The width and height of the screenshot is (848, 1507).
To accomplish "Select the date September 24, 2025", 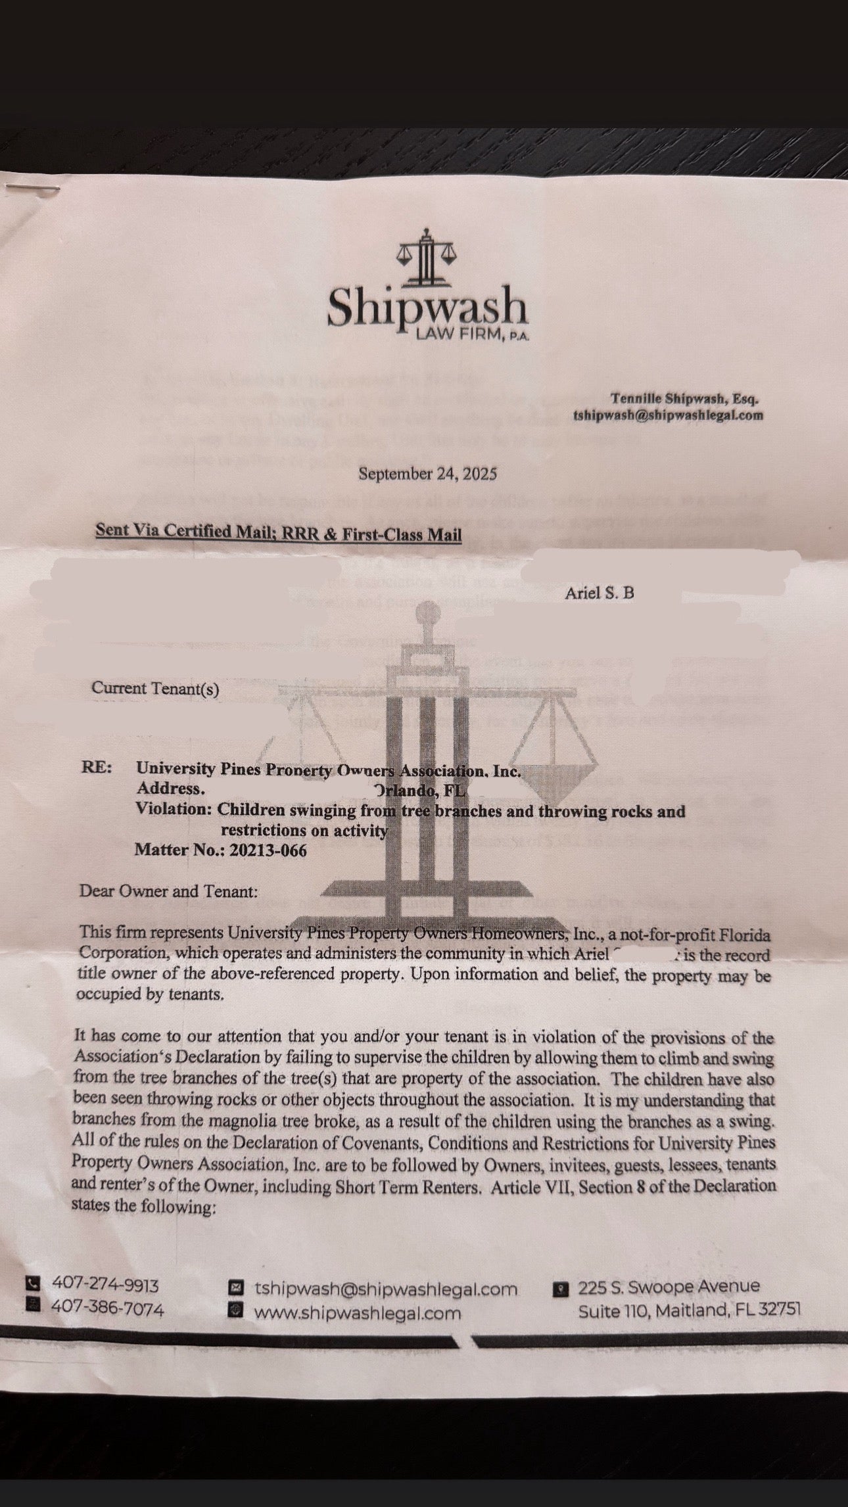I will (427, 474).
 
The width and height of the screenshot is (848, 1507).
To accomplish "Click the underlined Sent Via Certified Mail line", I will (278, 533).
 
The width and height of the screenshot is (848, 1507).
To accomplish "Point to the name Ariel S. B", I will (600, 593).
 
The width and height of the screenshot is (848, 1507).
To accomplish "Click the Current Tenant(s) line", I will (155, 689).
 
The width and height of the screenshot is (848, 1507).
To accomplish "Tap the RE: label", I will (96, 768).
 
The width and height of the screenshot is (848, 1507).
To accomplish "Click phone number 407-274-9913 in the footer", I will (105, 1284).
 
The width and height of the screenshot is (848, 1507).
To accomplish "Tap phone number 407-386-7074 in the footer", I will (107, 1309).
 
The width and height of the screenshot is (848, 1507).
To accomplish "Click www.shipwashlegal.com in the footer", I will (358, 1313).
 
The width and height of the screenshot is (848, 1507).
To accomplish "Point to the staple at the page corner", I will (32, 189).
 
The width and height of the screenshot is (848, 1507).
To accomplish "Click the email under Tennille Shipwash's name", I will (668, 415).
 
